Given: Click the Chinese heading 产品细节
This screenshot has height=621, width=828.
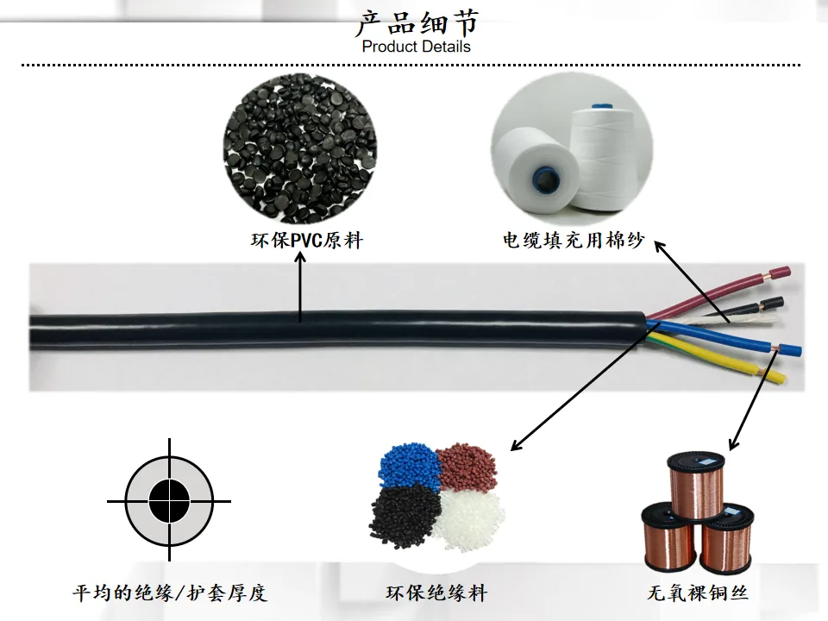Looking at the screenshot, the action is pyautogui.click(x=417, y=22).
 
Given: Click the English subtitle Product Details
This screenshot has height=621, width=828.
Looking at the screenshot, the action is pyautogui.click(x=416, y=47).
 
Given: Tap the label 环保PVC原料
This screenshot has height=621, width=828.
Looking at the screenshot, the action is pyautogui.click(x=307, y=241).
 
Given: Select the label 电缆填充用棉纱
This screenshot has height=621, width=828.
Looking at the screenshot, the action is pyautogui.click(x=574, y=241).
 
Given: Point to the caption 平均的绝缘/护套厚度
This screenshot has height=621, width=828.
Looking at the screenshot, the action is pyautogui.click(x=170, y=593).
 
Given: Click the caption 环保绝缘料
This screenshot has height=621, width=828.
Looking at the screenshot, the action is pyautogui.click(x=436, y=593).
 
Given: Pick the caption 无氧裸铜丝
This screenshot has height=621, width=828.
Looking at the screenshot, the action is pyautogui.click(x=698, y=593).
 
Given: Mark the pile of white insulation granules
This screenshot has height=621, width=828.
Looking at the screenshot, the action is pyautogui.click(x=469, y=519).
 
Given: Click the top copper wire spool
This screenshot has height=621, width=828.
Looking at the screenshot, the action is pyautogui.click(x=697, y=485).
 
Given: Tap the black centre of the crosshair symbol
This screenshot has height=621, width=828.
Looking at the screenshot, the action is pyautogui.click(x=170, y=500).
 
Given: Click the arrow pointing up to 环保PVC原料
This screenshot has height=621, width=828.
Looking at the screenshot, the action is pyautogui.click(x=300, y=286).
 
